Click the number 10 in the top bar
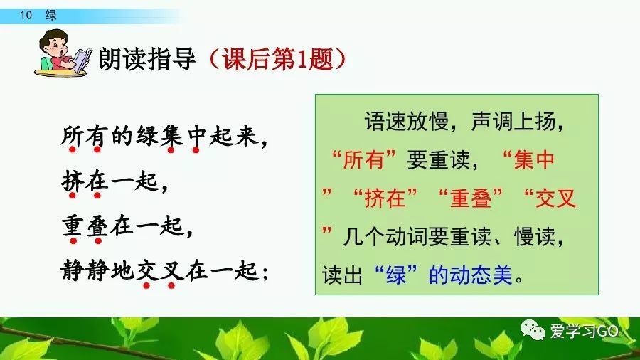26,15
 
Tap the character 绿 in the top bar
51,15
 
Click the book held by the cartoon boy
83,60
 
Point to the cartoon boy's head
55,44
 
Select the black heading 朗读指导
147,59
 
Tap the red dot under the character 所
73,149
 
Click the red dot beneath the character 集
171,150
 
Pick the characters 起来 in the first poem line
234,135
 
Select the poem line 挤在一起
110,181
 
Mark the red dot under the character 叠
98,240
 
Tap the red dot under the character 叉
171,285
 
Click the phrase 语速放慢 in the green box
407,121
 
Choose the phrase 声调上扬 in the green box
513,121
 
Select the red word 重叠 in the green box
470,198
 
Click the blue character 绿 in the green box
395,275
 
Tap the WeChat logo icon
533,331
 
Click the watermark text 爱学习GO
584,331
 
